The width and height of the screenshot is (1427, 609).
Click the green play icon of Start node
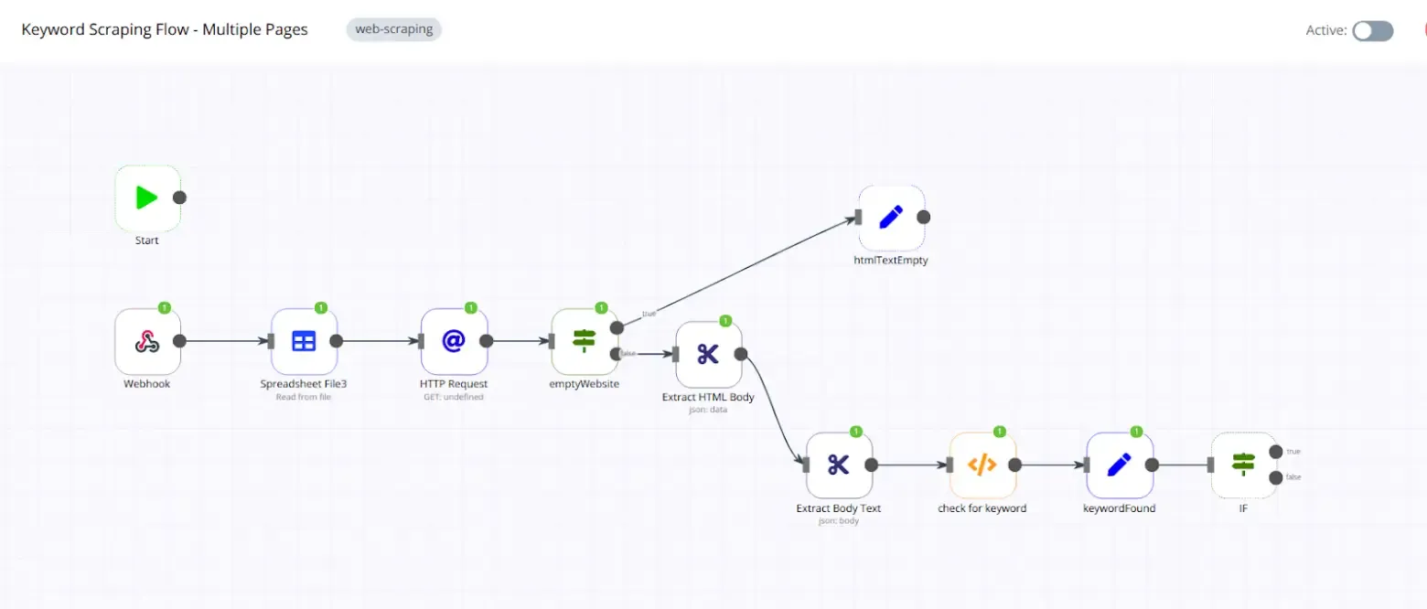146,198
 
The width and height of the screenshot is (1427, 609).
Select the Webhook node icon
146,341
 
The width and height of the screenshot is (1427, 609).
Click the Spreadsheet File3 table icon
304,341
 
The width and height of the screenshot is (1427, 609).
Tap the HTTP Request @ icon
454,341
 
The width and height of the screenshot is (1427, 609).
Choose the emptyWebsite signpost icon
584,341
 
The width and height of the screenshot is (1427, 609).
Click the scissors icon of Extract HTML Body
708,354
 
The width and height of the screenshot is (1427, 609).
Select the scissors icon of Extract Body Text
838,465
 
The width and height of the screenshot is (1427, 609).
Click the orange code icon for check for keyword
982,465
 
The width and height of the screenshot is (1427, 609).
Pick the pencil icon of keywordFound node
1119,465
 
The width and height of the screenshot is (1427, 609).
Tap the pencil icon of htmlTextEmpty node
891,218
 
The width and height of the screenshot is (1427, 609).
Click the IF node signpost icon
1243,465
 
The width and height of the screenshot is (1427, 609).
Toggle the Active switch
1373,30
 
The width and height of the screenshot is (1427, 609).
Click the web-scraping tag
393,29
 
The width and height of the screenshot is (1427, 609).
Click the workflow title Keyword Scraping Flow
165,29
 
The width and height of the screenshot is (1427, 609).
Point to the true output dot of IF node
1276,452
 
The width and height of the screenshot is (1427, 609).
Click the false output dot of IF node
1276,477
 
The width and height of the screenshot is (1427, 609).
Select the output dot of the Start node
180,198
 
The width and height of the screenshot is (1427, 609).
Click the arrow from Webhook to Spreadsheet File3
224,341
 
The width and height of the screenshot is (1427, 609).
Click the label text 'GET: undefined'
454,397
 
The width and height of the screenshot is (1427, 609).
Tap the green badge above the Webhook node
165,307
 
